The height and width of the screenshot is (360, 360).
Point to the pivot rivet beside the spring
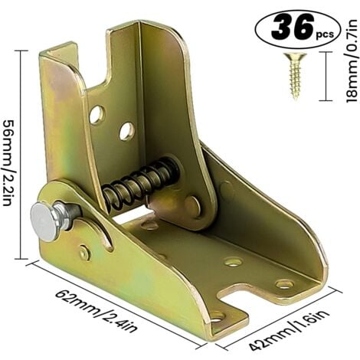pyautogui.click(x=191, y=205)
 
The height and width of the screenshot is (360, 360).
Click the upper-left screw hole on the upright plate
pyautogui.click(x=97, y=115)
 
